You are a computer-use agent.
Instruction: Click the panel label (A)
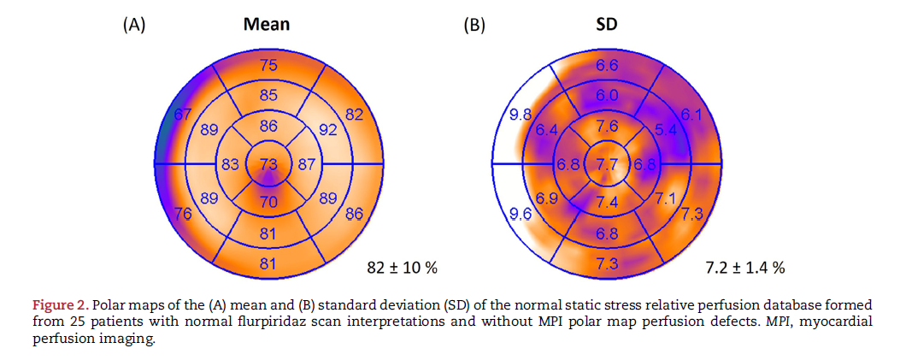(134, 25)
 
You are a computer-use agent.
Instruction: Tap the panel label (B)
(474, 25)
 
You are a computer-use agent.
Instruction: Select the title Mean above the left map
(267, 24)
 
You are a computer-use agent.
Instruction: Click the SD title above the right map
(606, 24)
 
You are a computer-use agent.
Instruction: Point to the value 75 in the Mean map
(268, 65)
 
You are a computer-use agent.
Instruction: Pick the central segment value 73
(268, 164)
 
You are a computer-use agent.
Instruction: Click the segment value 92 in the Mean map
(328, 131)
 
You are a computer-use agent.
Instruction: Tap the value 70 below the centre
(268, 202)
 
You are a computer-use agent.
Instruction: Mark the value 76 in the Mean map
(182, 214)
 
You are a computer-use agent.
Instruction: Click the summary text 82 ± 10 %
(402, 269)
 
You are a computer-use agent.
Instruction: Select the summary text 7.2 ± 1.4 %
(745, 269)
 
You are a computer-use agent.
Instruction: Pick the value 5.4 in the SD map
(665, 131)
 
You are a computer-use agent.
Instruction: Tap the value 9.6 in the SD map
(521, 215)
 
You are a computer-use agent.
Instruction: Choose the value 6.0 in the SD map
(607, 96)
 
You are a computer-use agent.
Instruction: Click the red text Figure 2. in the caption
(60, 304)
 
